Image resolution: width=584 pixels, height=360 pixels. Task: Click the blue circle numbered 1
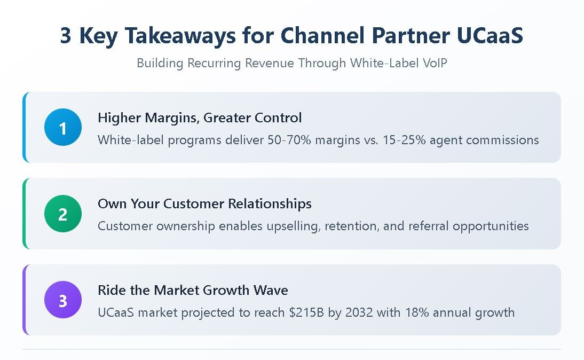pos(63,128)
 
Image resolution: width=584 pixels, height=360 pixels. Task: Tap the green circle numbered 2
pos(63,214)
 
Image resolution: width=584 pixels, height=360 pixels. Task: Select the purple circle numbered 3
pos(63,300)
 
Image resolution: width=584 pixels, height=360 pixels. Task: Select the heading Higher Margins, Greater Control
pos(200,118)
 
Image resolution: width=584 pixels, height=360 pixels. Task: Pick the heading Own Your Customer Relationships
pos(204,204)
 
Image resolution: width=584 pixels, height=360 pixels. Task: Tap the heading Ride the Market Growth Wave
pos(193,290)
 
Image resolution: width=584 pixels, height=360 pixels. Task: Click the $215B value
pos(294,312)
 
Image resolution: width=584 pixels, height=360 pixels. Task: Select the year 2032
pos(359,312)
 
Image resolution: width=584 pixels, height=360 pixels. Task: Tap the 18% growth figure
pos(420,312)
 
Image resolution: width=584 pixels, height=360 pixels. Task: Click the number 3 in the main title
pos(65,36)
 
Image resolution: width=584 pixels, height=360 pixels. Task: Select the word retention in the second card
pos(353,226)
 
